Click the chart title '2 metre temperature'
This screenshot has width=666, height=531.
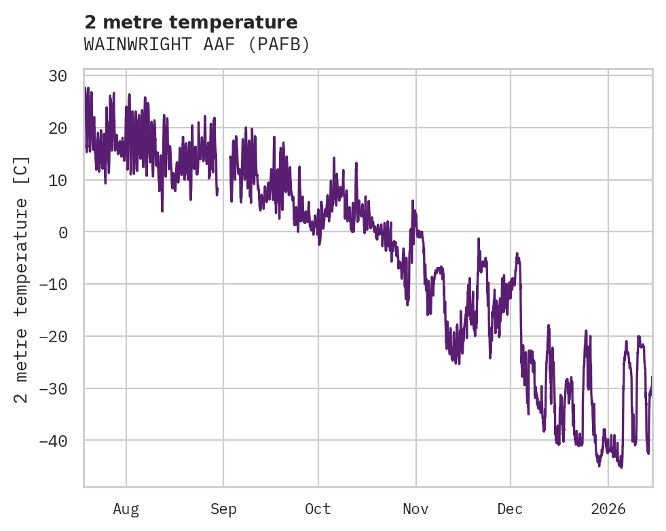[x=191, y=22]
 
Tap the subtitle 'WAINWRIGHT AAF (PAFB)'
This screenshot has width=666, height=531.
[x=197, y=45]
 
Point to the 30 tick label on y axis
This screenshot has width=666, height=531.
[x=57, y=75]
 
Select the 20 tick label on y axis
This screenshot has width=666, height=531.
[x=57, y=128]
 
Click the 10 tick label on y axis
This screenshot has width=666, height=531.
[x=57, y=180]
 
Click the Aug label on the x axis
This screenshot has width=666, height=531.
[x=126, y=509]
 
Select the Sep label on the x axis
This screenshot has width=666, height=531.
[x=223, y=509]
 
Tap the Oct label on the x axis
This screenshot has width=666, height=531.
[x=318, y=509]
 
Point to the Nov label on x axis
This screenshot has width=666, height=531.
[x=415, y=509]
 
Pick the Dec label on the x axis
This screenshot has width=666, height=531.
[x=510, y=509]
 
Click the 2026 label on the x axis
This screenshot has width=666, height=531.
[x=608, y=509]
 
